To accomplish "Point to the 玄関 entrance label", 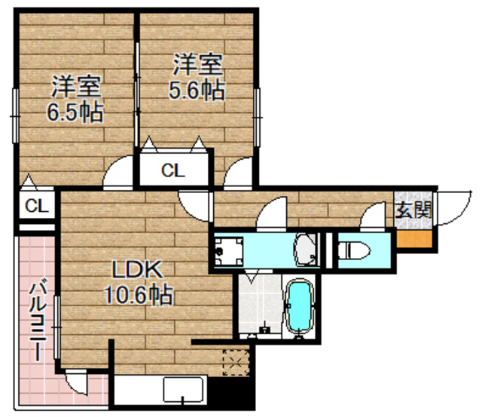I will [413, 209].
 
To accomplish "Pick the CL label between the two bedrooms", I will [173, 170].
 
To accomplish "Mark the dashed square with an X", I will [236, 362].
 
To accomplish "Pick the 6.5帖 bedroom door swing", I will [117, 175].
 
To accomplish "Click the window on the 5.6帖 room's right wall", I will [257, 105].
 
